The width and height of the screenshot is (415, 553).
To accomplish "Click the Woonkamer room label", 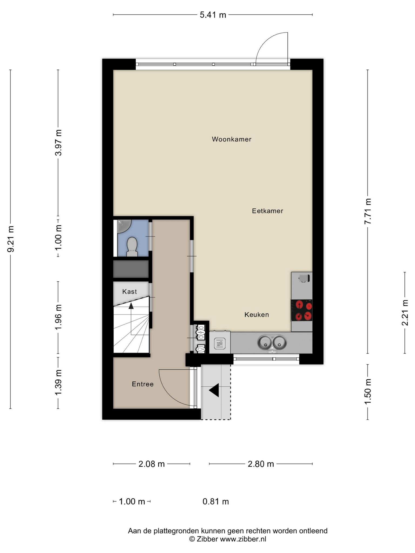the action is pos(232,139).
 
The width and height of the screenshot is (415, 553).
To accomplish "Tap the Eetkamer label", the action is pos(267,211).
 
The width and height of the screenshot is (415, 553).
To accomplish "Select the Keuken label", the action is pos(257,315).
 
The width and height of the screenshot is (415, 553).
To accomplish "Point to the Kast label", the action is pos(130,292).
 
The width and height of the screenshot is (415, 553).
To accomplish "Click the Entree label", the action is pos(143,384).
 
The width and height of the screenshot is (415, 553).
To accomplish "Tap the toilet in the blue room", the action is pos(132,247).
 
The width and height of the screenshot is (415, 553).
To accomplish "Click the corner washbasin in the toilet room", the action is pos(124,226).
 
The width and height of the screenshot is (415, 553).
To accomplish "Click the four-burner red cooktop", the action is pos(302,310).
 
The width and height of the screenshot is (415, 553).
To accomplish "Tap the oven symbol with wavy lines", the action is pos(220,344).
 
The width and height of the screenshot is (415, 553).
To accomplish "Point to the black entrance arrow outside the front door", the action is pos(214,390).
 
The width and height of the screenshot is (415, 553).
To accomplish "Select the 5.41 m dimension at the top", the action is pos(213,15).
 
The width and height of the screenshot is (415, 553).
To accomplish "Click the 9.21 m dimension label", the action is pos(11,239).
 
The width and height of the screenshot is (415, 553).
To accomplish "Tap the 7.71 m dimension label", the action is pos(368,211).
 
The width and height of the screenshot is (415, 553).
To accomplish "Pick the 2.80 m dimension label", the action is pos(261,464).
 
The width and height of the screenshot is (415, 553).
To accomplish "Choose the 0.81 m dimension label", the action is pos(216,501).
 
